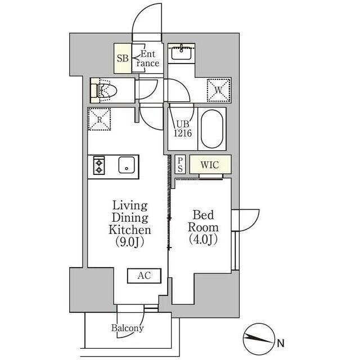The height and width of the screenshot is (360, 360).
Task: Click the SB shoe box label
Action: coord(123,58)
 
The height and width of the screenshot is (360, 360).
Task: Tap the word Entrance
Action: coord(148,58)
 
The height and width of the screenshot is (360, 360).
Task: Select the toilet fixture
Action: coord(104,91)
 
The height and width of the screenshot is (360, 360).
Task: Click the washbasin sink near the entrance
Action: coord(181,52)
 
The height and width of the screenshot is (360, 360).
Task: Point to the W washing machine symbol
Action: coord(218,90)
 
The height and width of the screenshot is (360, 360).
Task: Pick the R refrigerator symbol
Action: coord(100,119)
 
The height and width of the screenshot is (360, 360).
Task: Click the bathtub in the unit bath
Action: coord(212,129)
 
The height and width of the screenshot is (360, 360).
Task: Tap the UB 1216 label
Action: coord(183,129)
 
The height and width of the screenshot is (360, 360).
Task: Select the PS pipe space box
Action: coord(180,164)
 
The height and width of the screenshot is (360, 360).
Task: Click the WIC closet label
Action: coord(210,165)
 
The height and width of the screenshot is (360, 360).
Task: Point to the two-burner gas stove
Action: coord(99,165)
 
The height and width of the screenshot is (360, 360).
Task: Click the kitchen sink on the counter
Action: coord(127,165)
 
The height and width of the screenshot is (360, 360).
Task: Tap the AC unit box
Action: coord(145,276)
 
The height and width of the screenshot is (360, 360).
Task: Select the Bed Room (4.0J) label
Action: coord(203,227)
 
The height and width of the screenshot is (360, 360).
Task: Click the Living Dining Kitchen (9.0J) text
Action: coord(130,224)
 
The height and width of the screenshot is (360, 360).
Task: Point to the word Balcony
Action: coord(128,328)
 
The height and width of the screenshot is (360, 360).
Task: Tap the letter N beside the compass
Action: coord(281,343)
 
